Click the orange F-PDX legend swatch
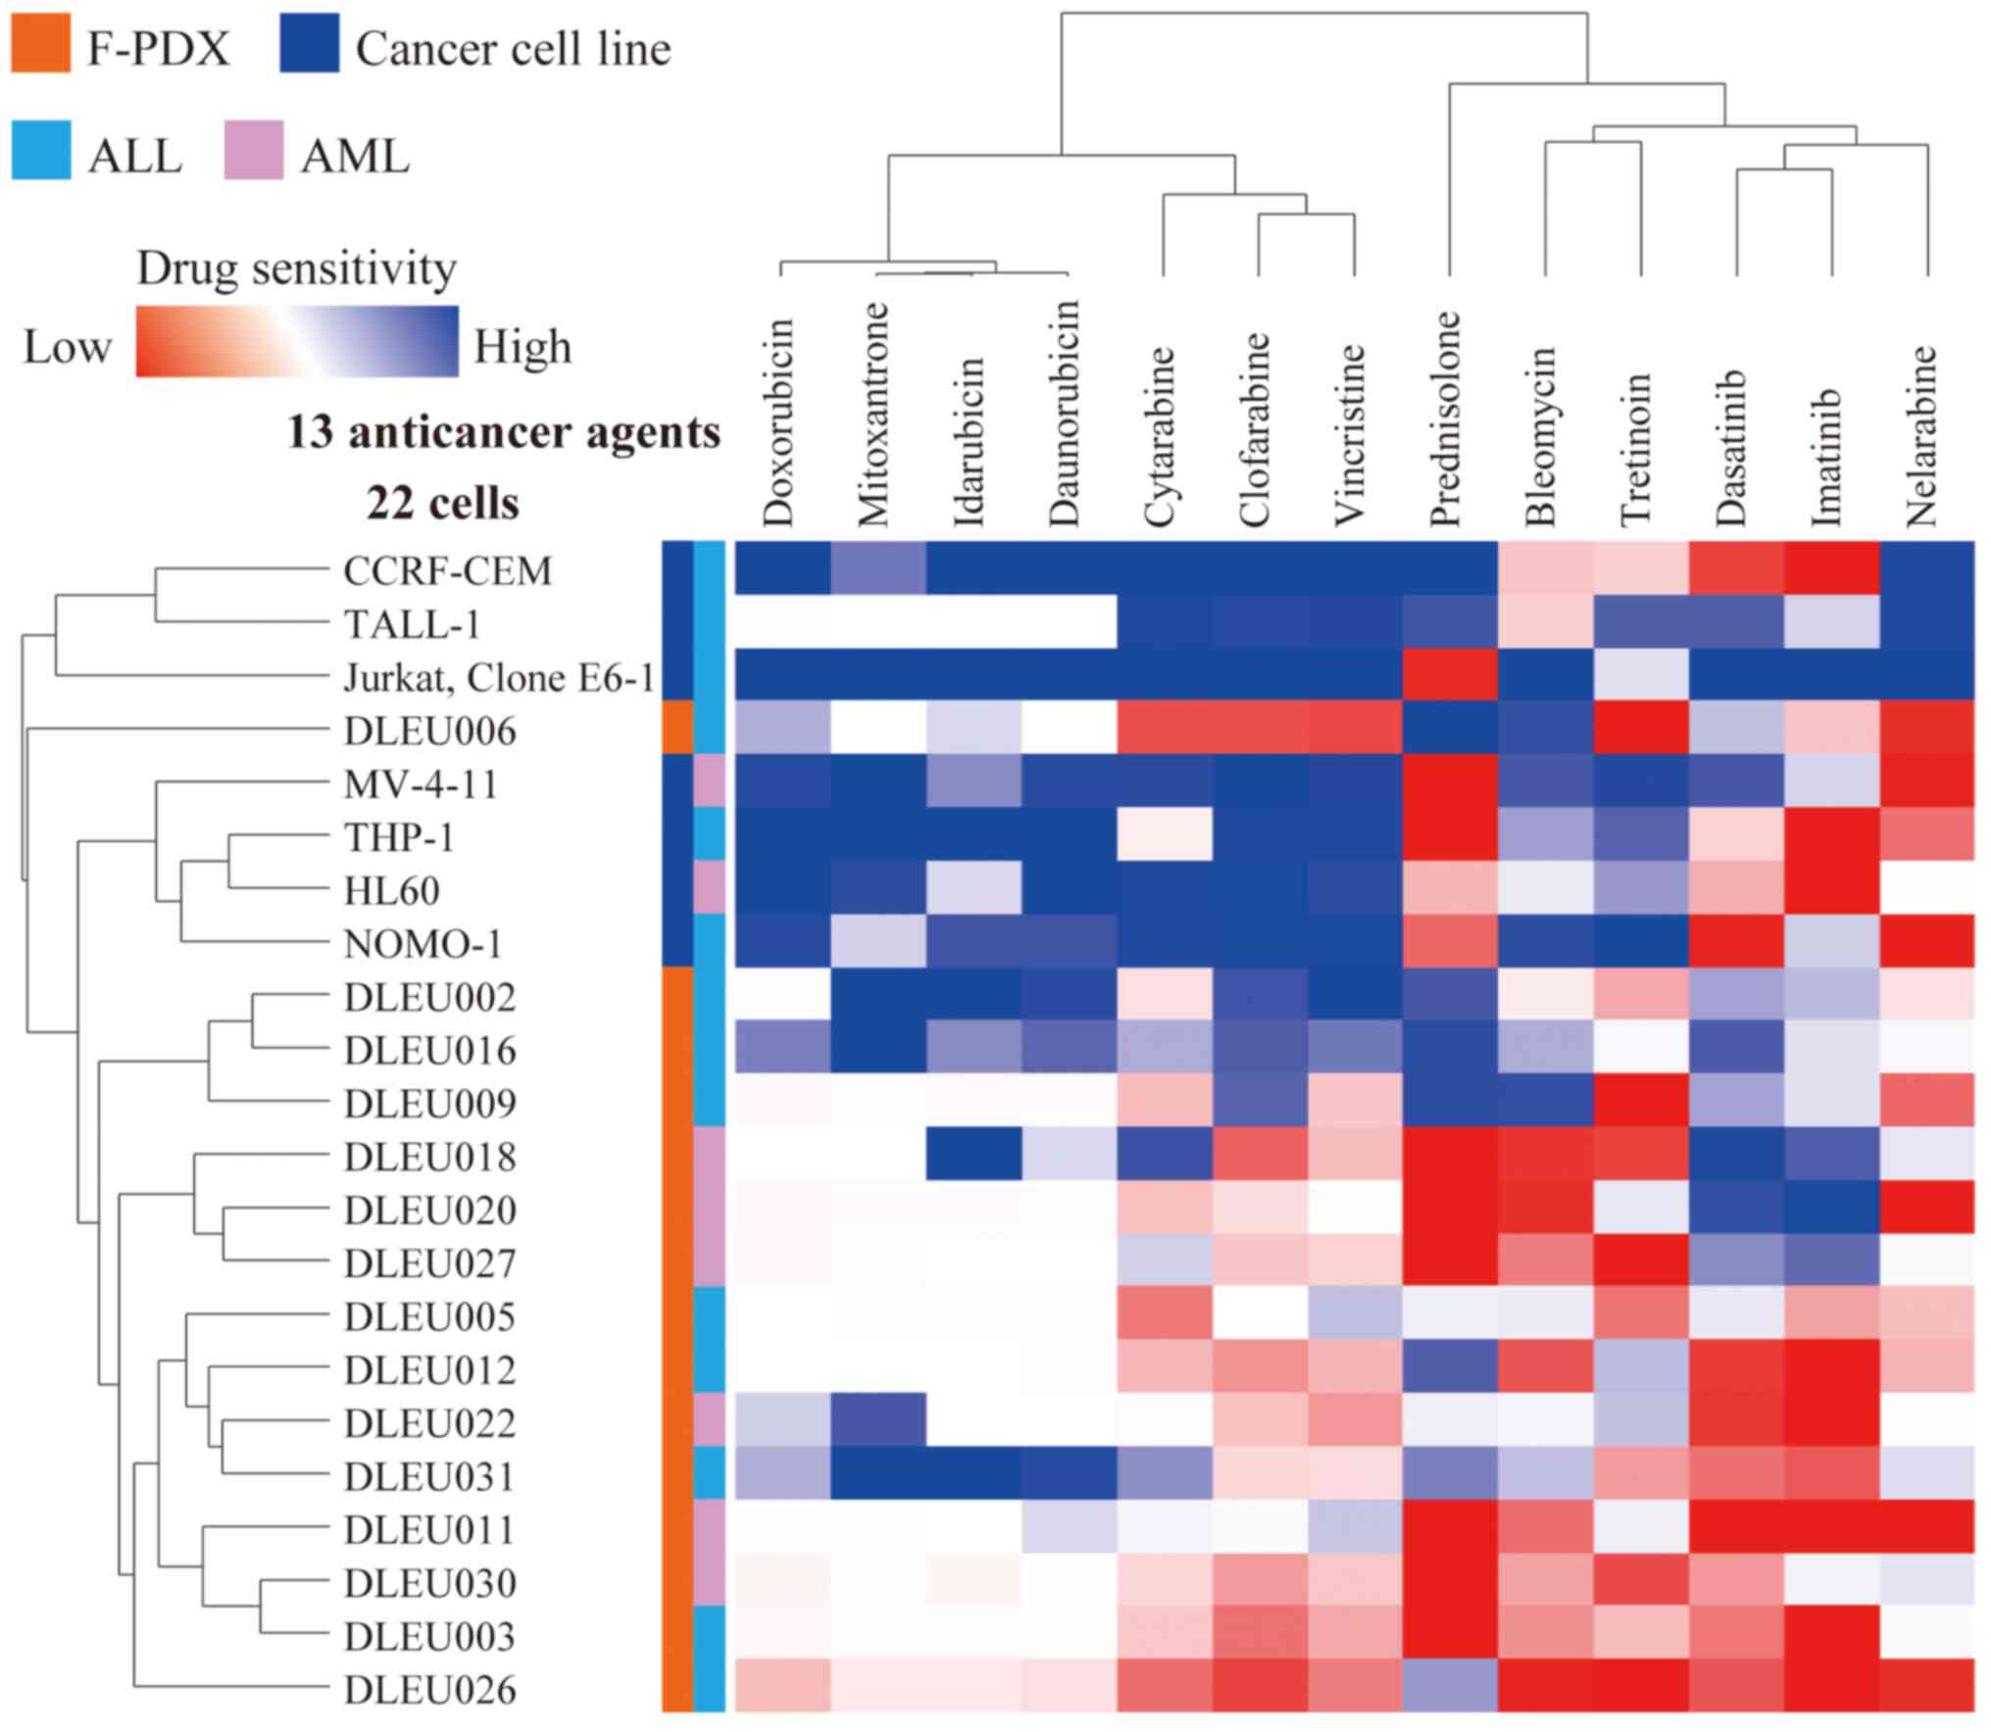click(x=40, y=43)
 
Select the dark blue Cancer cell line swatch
click(x=309, y=43)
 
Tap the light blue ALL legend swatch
click(x=40, y=150)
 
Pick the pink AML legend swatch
click(x=254, y=150)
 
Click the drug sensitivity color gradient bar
click(x=296, y=341)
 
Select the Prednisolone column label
click(x=1446, y=419)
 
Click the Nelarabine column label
click(x=1922, y=435)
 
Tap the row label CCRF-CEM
click(x=447, y=570)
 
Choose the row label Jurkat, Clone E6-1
click(x=498, y=677)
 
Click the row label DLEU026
click(x=429, y=1690)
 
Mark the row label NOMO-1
click(x=423, y=944)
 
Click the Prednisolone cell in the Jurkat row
click(x=1449, y=675)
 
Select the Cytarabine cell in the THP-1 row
click(x=1164, y=835)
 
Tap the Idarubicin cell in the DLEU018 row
click(x=973, y=1155)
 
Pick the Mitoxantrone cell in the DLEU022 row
click(x=877, y=1420)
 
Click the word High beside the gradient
click(x=523, y=347)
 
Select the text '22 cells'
click(x=442, y=504)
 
